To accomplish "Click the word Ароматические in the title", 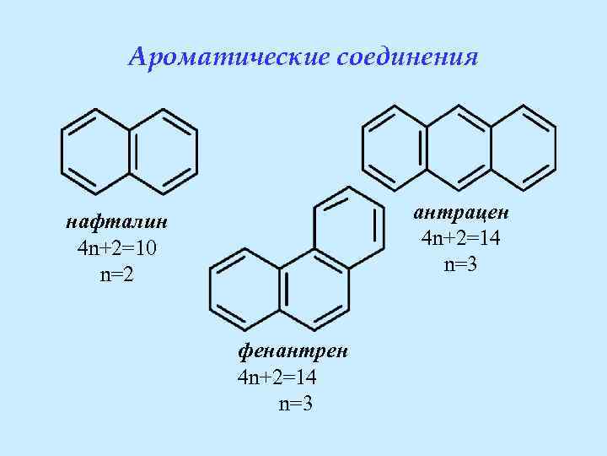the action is (228, 57).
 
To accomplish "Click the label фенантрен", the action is (294, 349).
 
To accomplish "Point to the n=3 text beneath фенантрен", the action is (296, 403).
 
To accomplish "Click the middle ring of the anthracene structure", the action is (459, 145).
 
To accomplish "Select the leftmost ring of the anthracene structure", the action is (395, 145).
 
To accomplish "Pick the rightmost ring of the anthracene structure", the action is (524, 145).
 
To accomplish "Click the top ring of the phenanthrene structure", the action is (346, 231).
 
